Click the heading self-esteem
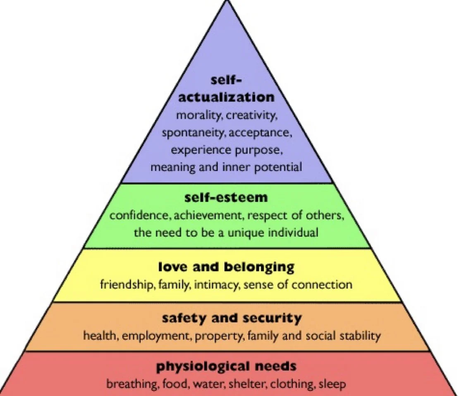[226, 197]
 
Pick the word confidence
[134, 216]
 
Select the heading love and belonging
[226, 267]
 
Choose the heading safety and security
[232, 318]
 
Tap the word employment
[153, 336]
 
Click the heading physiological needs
[226, 366]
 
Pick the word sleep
[333, 384]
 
